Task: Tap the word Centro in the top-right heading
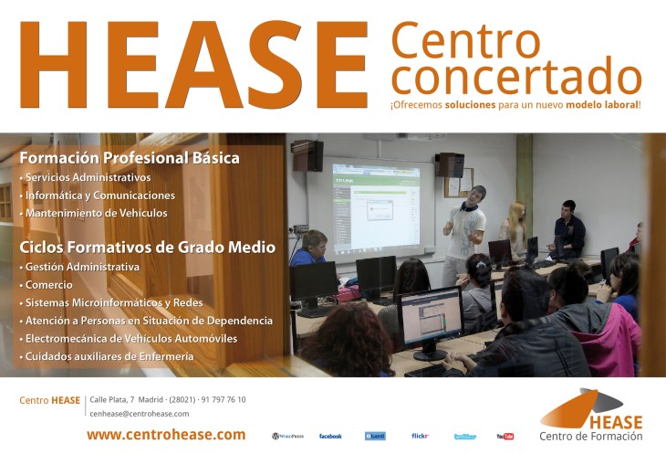(465, 40)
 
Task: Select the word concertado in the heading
(515, 78)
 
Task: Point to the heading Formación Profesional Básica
(130, 158)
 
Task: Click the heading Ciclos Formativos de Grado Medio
(147, 246)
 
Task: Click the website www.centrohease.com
(166, 435)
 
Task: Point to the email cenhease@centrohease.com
(139, 414)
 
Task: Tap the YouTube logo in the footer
(505, 437)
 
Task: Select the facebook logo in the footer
(330, 437)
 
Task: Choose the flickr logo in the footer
(420, 437)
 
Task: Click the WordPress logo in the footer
(287, 437)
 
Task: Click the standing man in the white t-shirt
(466, 228)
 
